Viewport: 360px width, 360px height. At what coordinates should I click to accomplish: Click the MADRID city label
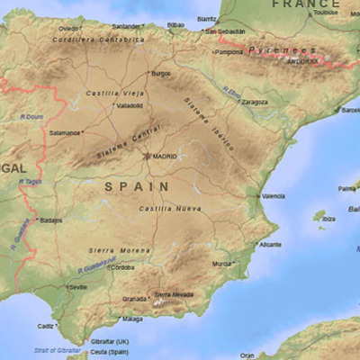pyautogui.click(x=165, y=156)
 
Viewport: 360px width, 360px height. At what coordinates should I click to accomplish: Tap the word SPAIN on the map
pyautogui.click(x=137, y=186)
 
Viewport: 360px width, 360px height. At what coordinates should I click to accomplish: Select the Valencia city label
pyautogui.click(x=274, y=195)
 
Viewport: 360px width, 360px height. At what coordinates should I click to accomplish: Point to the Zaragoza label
pyautogui.click(x=255, y=102)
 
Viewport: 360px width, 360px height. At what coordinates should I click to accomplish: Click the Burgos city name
pyautogui.click(x=160, y=73)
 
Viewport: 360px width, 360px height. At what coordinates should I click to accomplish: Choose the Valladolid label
pyautogui.click(x=129, y=105)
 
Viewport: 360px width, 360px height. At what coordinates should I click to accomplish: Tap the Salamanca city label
pyautogui.click(x=65, y=132)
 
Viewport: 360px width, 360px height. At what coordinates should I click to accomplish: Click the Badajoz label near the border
pyautogui.click(x=51, y=219)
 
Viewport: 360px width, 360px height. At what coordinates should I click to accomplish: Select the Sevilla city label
pyautogui.click(x=78, y=287)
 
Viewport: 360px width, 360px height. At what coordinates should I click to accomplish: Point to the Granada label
pyautogui.click(x=135, y=298)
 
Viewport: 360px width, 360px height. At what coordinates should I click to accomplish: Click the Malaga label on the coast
pyautogui.click(x=132, y=319)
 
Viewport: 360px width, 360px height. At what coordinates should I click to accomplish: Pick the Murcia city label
pyautogui.click(x=221, y=264)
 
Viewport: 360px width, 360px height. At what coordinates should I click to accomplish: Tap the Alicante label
pyautogui.click(x=270, y=244)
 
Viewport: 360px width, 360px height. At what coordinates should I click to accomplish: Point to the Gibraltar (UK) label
pyautogui.click(x=110, y=342)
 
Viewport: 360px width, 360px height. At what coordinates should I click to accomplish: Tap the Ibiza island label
pyautogui.click(x=328, y=218)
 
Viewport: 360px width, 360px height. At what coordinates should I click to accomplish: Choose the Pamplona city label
pyautogui.click(x=229, y=51)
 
